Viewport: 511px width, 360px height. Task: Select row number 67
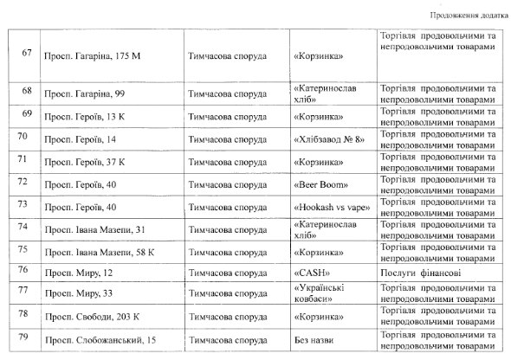[x=26, y=55]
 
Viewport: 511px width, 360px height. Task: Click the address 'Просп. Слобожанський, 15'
[x=98, y=340]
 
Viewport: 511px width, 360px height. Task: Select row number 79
[x=26, y=340]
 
